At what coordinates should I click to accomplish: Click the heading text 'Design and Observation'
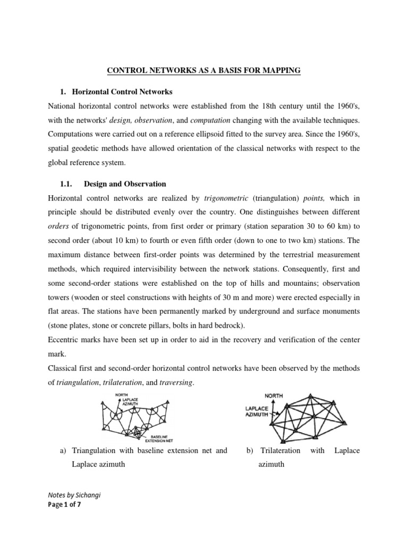click(125, 184)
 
